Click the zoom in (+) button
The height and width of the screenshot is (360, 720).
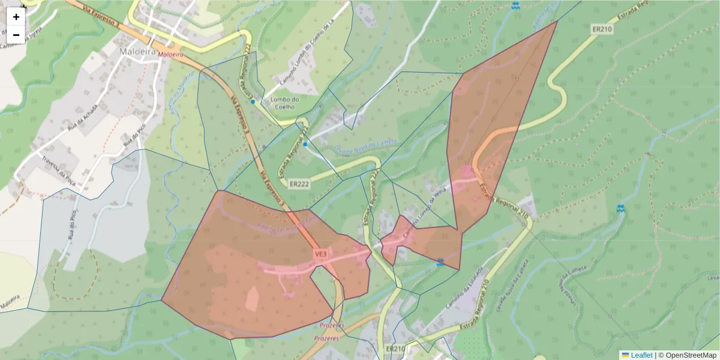pos(16,17)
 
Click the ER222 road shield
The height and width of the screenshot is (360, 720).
pos(298,184)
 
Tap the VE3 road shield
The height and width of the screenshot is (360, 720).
pos(321,254)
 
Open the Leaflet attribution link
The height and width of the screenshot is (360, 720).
pos(641,355)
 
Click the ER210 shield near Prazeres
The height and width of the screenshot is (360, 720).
pos(395,349)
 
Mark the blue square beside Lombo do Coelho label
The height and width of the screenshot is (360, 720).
pos(253,102)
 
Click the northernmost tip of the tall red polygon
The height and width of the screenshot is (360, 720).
pos(557,22)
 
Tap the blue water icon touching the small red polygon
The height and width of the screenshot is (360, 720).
pos(441,262)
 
